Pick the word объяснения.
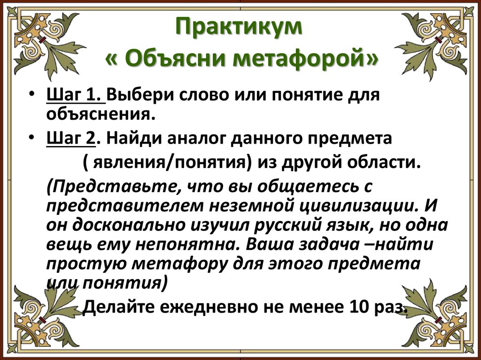(x=100, y=113)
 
